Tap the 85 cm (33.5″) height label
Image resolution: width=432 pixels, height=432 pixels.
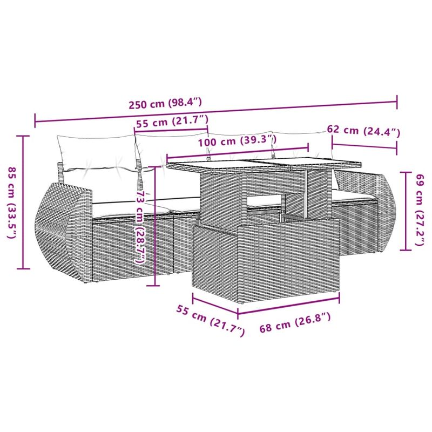point(12,202)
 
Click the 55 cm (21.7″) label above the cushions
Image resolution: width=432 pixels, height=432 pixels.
point(172,122)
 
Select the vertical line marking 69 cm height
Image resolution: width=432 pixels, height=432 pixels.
point(406,211)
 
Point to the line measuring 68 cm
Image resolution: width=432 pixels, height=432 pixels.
point(289,311)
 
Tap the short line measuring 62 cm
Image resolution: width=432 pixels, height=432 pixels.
point(364,146)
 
